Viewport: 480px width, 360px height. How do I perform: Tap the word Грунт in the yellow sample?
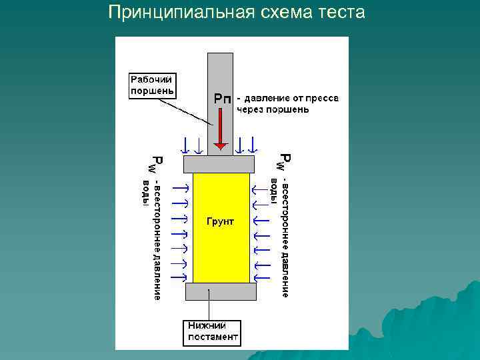(x=219, y=221)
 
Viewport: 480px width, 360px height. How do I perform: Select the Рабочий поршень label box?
(x=151, y=85)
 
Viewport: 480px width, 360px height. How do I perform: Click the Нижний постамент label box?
(x=213, y=331)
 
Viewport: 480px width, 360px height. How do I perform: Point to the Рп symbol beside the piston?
(x=222, y=98)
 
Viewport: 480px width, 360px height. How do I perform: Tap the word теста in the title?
(x=342, y=12)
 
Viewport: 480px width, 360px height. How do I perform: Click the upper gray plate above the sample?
(x=219, y=163)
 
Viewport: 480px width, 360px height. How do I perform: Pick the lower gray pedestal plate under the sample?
(x=220, y=291)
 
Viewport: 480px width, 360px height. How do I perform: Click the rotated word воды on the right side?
(x=274, y=189)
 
